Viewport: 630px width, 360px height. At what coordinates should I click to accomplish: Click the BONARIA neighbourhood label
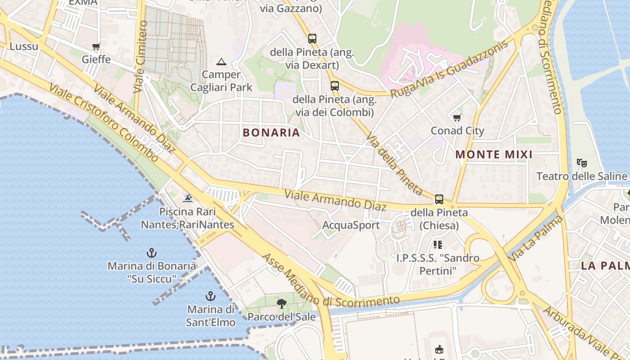(x=271, y=132)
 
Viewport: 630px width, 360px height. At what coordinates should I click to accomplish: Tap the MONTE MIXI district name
(x=494, y=155)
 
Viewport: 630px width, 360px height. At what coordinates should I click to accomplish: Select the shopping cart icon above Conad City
(x=457, y=118)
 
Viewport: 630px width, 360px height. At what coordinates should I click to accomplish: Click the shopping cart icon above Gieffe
(x=96, y=46)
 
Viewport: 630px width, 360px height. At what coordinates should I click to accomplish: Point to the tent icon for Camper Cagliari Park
(x=221, y=62)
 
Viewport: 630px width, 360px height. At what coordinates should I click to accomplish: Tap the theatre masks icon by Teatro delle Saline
(x=581, y=162)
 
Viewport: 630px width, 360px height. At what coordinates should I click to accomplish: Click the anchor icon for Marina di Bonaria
(x=152, y=253)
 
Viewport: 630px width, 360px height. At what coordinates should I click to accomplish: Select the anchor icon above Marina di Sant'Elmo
(x=210, y=296)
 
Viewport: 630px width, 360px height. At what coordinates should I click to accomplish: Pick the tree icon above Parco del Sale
(x=282, y=304)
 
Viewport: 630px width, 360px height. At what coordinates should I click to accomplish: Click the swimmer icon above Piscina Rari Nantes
(x=188, y=198)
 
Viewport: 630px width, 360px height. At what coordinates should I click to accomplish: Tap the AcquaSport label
(x=351, y=225)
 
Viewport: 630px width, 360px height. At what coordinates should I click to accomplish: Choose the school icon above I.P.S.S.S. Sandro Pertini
(x=437, y=245)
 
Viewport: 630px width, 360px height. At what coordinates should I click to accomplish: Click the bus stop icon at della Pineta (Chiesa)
(x=439, y=199)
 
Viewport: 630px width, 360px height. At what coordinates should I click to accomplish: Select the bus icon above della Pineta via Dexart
(x=312, y=39)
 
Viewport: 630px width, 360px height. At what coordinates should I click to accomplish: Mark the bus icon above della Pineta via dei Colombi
(x=334, y=85)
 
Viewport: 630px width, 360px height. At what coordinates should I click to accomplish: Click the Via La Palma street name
(x=537, y=238)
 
